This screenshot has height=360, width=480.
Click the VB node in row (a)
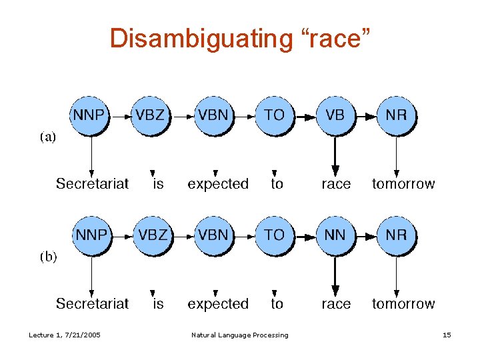coord(335,115)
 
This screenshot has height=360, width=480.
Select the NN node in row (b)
coord(335,235)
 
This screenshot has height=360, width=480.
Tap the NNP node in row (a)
coord(89,115)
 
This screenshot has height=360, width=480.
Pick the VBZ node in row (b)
coord(151,235)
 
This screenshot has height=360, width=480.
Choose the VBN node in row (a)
coord(213,115)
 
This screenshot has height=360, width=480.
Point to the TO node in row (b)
coord(274,235)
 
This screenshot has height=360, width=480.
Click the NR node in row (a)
coord(396,115)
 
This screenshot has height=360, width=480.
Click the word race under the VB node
coord(335,184)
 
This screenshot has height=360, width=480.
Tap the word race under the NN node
coord(335,304)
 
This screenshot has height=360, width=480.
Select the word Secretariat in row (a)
coord(92,184)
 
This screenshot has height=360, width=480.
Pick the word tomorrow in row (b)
coord(403,304)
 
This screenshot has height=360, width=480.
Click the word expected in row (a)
coord(217,184)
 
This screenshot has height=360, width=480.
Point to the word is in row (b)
coord(158,304)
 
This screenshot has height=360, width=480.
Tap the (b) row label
coord(48,257)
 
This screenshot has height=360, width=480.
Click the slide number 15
coord(447,335)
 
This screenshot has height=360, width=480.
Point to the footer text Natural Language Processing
coord(239,335)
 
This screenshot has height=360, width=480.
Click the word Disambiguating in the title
coord(197,39)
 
